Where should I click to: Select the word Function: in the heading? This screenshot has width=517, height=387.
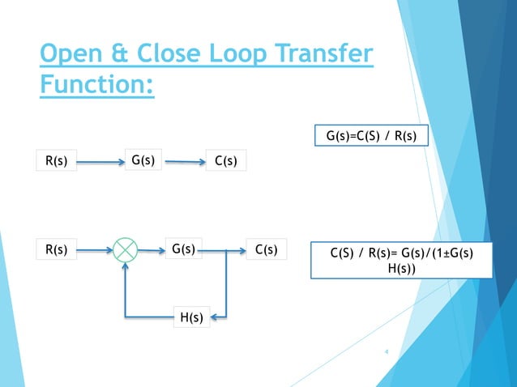click(x=96, y=83)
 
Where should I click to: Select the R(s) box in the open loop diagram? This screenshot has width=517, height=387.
click(x=56, y=161)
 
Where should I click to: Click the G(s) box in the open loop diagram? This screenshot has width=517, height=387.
click(x=143, y=160)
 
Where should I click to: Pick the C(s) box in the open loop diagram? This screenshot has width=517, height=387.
click(x=226, y=161)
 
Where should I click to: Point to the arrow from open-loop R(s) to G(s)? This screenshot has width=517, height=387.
click(x=99, y=161)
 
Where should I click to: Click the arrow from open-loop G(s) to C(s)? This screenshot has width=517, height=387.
click(x=184, y=162)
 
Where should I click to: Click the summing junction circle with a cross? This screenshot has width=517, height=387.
click(x=126, y=250)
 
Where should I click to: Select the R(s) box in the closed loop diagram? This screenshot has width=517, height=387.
click(x=56, y=250)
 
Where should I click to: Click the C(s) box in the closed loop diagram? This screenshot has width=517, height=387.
click(x=267, y=250)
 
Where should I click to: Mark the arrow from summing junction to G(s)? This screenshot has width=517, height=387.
click(x=152, y=250)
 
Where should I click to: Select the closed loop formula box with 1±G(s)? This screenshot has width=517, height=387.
click(x=401, y=260)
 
